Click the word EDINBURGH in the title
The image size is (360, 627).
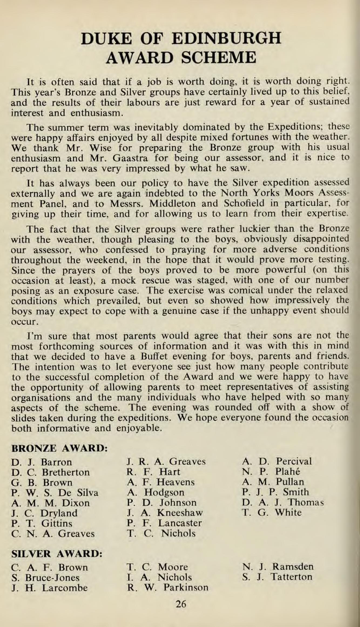226,38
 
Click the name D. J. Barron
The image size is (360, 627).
42,462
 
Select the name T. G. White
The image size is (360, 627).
272,512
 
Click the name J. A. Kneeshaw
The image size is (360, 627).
165,513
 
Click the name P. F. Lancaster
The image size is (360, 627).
164,523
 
